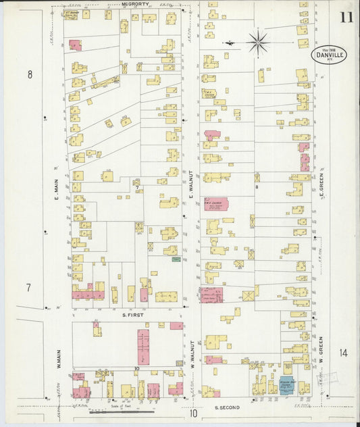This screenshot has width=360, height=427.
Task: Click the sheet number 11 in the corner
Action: click(x=346, y=18)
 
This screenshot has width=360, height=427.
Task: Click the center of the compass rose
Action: click(x=257, y=43)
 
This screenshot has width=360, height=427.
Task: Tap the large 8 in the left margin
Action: click(x=29, y=75)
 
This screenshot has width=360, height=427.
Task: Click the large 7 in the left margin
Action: click(x=28, y=288)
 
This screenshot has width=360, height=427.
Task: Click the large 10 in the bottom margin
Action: click(x=194, y=413)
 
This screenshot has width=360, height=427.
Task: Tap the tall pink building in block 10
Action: click(x=143, y=347)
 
